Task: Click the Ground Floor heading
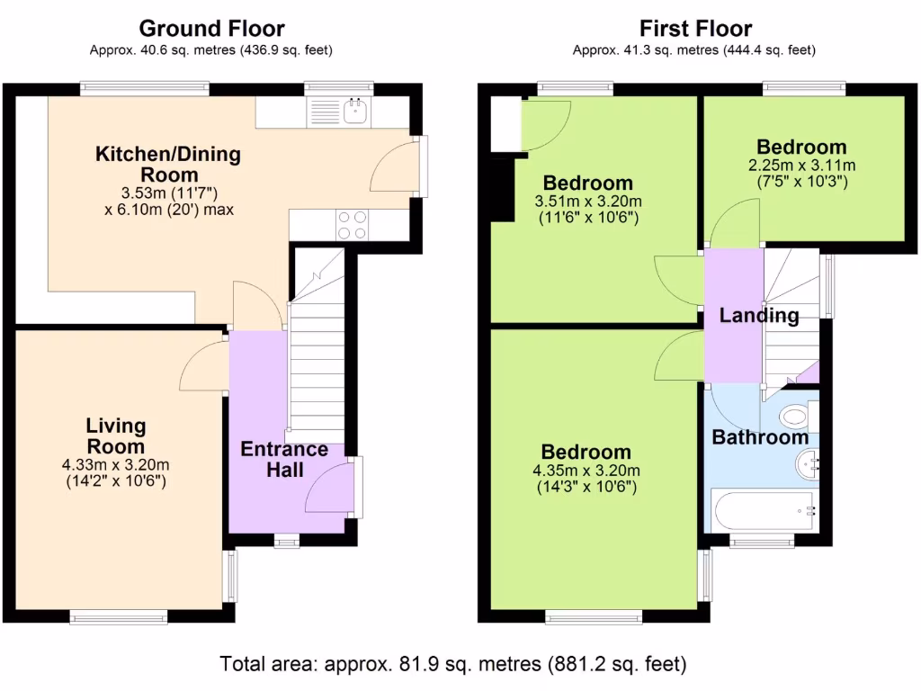pos(211,28)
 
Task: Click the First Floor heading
pos(695,28)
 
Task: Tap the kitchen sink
pos(355,111)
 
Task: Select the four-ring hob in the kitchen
pos(353,226)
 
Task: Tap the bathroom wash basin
pos(808,464)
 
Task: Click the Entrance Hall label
pos(284,460)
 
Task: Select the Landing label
pos(759,316)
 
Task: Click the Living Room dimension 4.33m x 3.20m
pos(116,465)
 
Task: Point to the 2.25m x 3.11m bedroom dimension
pos(801,166)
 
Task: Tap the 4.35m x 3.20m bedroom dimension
pos(586,470)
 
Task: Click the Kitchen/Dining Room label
pos(168,164)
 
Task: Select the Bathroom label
pos(760,437)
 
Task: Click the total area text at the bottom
pos(453,664)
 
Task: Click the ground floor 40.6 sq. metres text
pos(210,50)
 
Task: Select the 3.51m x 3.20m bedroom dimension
pos(588,201)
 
